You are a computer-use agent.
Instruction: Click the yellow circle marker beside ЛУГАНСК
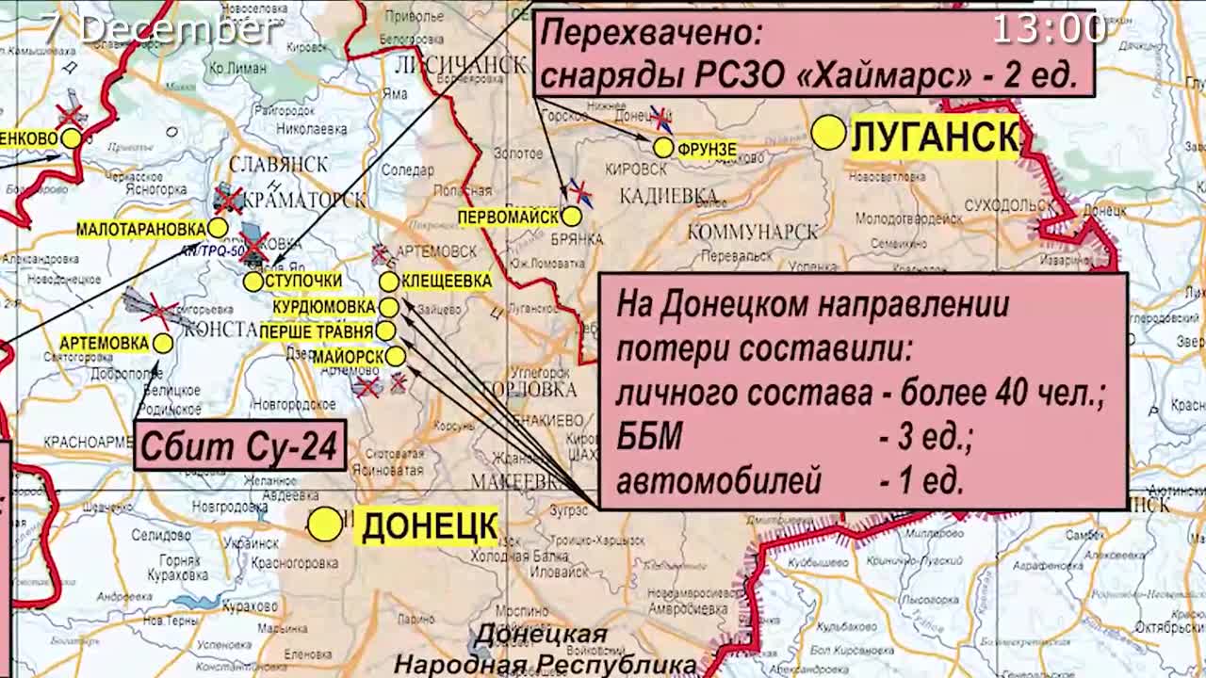click(829, 133)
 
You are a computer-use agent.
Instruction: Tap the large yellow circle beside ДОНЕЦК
click(325, 525)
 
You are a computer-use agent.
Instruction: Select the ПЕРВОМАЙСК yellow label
click(509, 217)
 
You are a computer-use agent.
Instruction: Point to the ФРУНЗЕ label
click(707, 149)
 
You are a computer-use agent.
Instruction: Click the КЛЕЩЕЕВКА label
click(447, 281)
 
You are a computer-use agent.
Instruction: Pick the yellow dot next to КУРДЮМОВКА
click(388, 307)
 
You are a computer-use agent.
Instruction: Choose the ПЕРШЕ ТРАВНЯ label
click(316, 331)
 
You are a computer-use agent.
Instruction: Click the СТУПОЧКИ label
click(303, 282)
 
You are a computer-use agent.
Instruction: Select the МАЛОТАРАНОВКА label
click(140, 229)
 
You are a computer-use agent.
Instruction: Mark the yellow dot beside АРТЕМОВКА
click(163, 344)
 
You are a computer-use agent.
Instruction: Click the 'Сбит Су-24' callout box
click(240, 445)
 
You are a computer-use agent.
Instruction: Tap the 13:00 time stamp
click(1049, 28)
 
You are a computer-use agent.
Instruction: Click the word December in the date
click(179, 28)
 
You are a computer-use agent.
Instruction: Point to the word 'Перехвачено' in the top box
click(651, 34)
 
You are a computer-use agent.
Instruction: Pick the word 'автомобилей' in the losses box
click(719, 481)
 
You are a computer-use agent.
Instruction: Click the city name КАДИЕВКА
click(668, 196)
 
